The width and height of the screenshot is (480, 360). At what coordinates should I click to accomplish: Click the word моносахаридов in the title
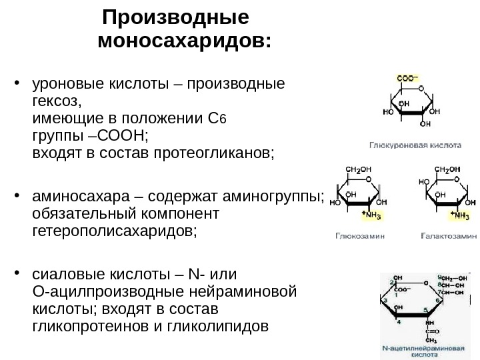tap(183, 42)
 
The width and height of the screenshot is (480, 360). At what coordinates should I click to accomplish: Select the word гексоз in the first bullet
tap(56, 102)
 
